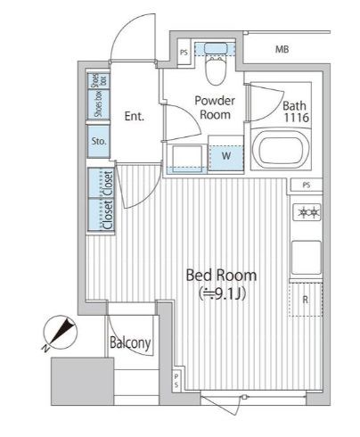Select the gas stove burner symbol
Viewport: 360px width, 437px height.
pyautogui.click(x=307, y=211)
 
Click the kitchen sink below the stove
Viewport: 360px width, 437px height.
pyautogui.click(x=307, y=258)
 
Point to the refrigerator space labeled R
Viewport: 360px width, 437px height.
pyautogui.click(x=306, y=300)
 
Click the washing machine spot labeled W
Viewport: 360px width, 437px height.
pyautogui.click(x=226, y=156)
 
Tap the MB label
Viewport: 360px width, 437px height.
pyautogui.click(x=282, y=49)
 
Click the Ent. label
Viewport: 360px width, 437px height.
pyautogui.click(x=135, y=116)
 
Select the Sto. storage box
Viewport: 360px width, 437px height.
pyautogui.click(x=99, y=142)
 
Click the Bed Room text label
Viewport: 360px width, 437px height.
pyautogui.click(x=221, y=276)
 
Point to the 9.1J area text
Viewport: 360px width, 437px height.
pyautogui.click(x=222, y=294)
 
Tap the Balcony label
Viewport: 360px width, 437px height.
pyautogui.click(x=130, y=343)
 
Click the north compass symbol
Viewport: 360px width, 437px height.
pyautogui.click(x=60, y=333)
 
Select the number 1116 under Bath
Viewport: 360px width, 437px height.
pyautogui.click(x=297, y=118)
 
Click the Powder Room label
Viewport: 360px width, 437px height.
pyautogui.click(x=215, y=107)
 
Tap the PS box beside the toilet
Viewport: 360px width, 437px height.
pyautogui.click(x=184, y=53)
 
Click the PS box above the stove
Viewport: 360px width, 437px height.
pyautogui.click(x=307, y=185)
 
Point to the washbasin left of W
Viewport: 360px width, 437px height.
pyautogui.click(x=187, y=158)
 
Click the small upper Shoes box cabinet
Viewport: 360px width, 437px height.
pyautogui.click(x=99, y=80)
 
